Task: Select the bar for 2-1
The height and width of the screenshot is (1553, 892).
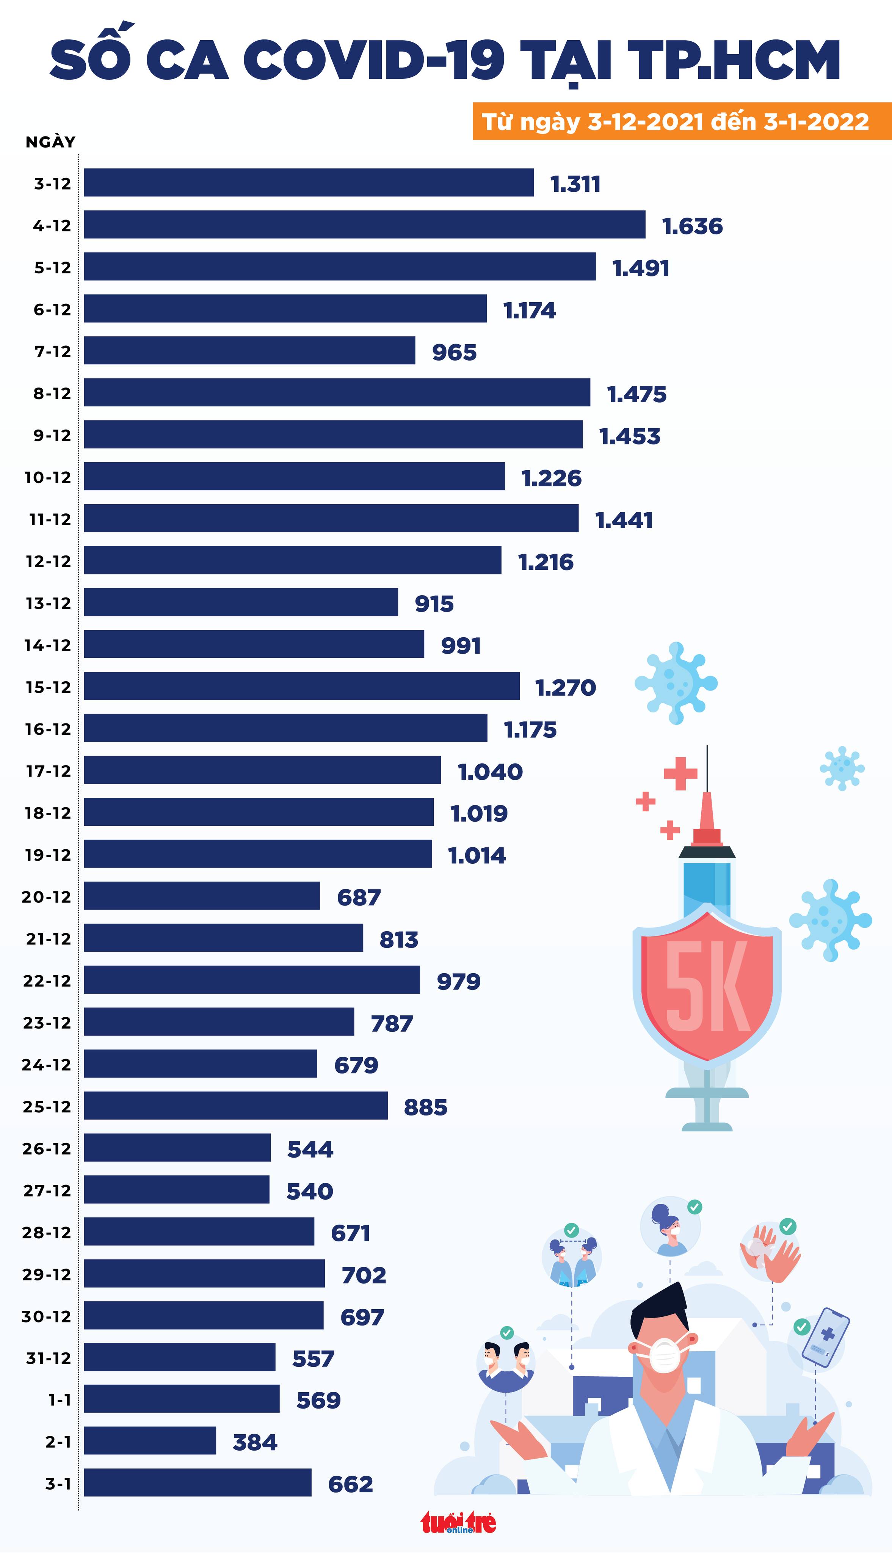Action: click(150, 1440)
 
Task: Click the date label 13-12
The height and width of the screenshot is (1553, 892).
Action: click(48, 604)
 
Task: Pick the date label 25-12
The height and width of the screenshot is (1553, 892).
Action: click(47, 1107)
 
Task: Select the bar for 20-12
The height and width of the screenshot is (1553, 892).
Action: click(202, 896)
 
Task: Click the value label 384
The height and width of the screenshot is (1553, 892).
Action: click(255, 1442)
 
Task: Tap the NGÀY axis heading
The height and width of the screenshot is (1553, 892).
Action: click(50, 142)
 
